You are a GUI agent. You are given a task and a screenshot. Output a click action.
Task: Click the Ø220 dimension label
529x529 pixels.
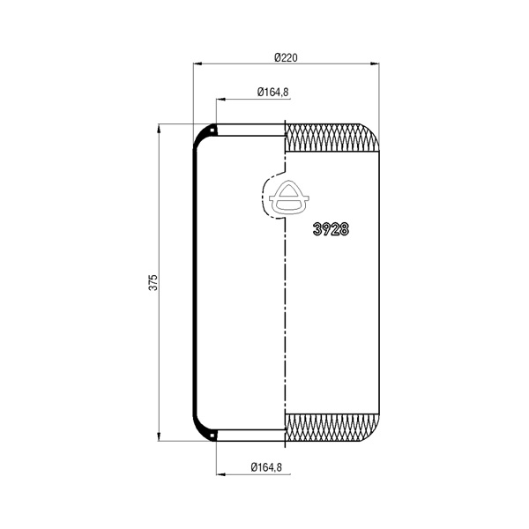point(286,57)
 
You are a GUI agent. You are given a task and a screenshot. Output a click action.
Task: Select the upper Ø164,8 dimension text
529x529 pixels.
point(273,92)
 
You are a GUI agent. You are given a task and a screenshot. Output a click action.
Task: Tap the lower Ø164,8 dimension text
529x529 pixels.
point(266,467)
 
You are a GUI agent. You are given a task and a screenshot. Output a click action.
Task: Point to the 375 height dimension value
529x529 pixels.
point(153,282)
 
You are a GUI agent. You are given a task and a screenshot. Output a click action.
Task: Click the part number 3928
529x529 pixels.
point(331,229)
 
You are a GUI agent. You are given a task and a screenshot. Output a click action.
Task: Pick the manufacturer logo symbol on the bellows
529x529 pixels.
point(289,198)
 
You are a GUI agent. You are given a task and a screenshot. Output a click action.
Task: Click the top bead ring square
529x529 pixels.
point(212,130)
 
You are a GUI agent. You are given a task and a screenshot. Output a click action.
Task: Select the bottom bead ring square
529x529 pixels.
point(212,436)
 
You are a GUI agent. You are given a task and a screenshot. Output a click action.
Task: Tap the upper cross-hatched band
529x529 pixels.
point(332,138)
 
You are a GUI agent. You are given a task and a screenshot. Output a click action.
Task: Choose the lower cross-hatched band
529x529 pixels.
point(332,428)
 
